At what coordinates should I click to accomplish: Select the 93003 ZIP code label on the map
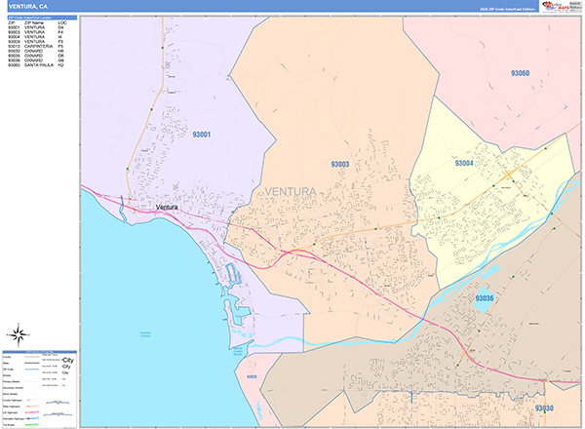tap(339, 165)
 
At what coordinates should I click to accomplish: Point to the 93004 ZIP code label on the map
tap(465, 164)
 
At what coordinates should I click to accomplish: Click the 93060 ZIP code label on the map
tap(520, 73)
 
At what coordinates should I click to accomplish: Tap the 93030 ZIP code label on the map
tap(543, 408)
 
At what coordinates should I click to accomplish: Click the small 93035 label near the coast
tap(252, 375)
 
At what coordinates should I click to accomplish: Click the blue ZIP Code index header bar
tap(39, 17)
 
